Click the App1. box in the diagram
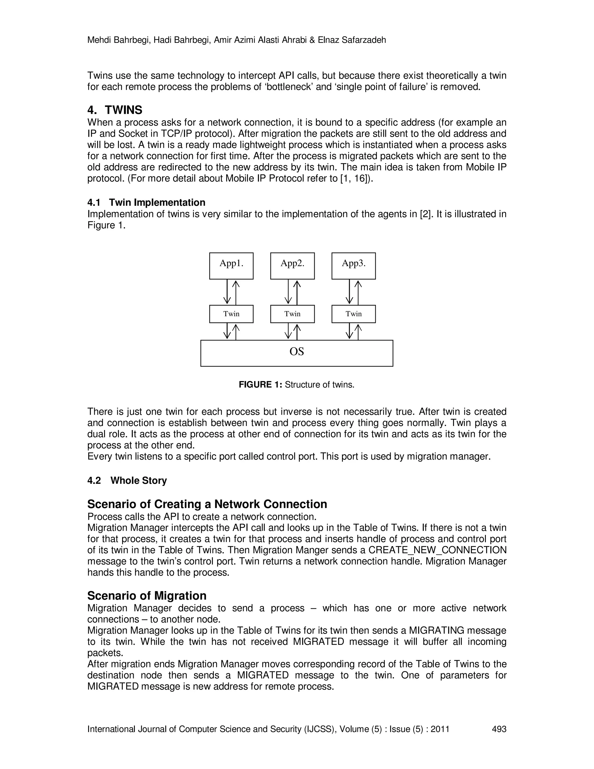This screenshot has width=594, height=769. [231, 266]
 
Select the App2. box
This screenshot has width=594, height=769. [292, 266]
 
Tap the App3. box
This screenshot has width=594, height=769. [354, 266]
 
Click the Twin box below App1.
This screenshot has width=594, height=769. [231, 314]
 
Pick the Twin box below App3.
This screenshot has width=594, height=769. [354, 314]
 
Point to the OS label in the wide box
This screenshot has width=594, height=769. [297, 352]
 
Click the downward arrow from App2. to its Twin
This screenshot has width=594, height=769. [288, 292]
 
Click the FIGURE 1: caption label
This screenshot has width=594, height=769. [260, 384]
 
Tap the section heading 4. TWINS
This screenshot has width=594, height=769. [115, 110]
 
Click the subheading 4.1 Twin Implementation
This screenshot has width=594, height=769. [146, 203]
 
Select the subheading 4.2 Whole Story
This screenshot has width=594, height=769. [127, 481]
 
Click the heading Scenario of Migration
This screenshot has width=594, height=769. [147, 596]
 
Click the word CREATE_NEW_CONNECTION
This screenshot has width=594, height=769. [437, 550]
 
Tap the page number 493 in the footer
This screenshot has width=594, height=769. [499, 729]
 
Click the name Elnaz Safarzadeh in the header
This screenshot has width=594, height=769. [352, 40]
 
